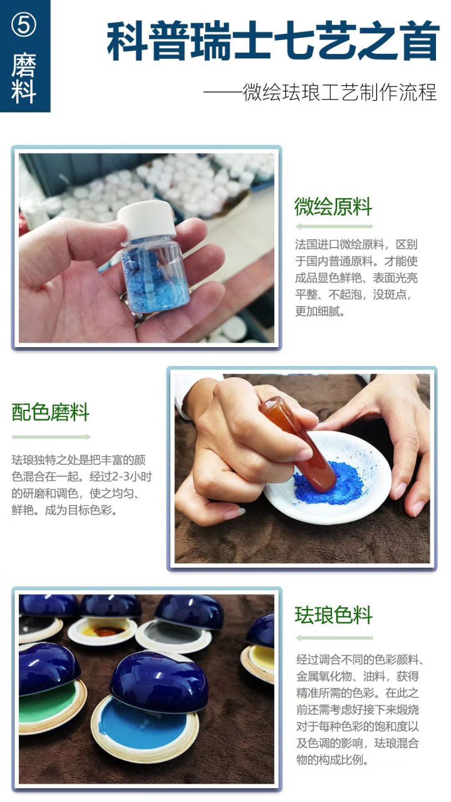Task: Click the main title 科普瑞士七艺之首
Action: (272, 42)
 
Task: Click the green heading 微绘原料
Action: (333, 207)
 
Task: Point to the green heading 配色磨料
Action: (51, 413)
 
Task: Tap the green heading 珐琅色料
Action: (333, 615)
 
